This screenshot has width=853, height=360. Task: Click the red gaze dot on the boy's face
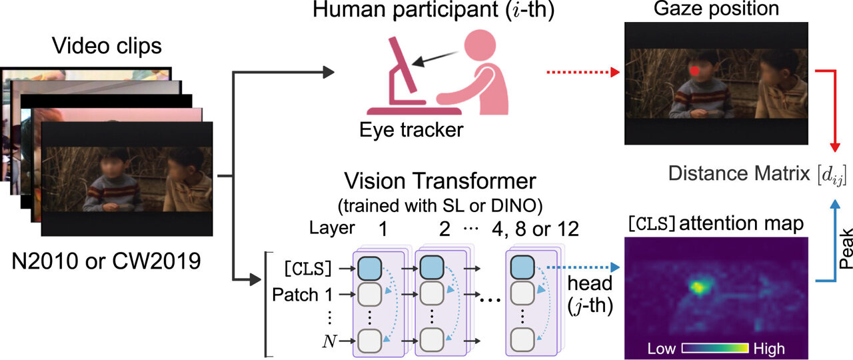click(694, 70)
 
